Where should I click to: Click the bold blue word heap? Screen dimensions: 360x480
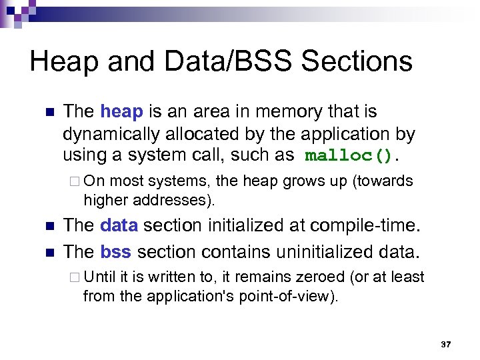[x=121, y=111]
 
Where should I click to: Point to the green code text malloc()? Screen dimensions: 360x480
[x=349, y=156]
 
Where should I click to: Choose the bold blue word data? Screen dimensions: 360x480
[x=119, y=227]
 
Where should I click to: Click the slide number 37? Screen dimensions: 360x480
[x=446, y=345]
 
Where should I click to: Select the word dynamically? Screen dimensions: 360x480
[x=109, y=134]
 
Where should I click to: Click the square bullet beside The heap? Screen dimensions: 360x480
[x=47, y=112]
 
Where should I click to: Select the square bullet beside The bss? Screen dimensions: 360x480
[x=47, y=253]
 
